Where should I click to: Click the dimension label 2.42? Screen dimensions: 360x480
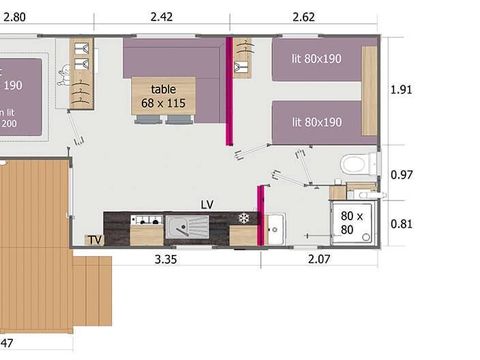point(161,16)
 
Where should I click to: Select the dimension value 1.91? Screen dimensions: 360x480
point(400,89)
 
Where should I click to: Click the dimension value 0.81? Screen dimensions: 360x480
point(400,224)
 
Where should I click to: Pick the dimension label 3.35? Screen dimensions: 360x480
point(166,261)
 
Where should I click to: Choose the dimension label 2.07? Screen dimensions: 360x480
point(318,261)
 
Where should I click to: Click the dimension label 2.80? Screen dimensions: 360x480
point(12,16)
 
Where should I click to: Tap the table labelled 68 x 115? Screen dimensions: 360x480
point(163,96)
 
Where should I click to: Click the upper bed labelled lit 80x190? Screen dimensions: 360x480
point(316,59)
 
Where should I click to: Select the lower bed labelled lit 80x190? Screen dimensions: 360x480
point(316,122)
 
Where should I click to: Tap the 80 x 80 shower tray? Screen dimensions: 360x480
point(353,224)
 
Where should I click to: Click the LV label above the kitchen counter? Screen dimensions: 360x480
point(207,205)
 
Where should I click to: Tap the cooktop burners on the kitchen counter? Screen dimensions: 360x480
point(146,219)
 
